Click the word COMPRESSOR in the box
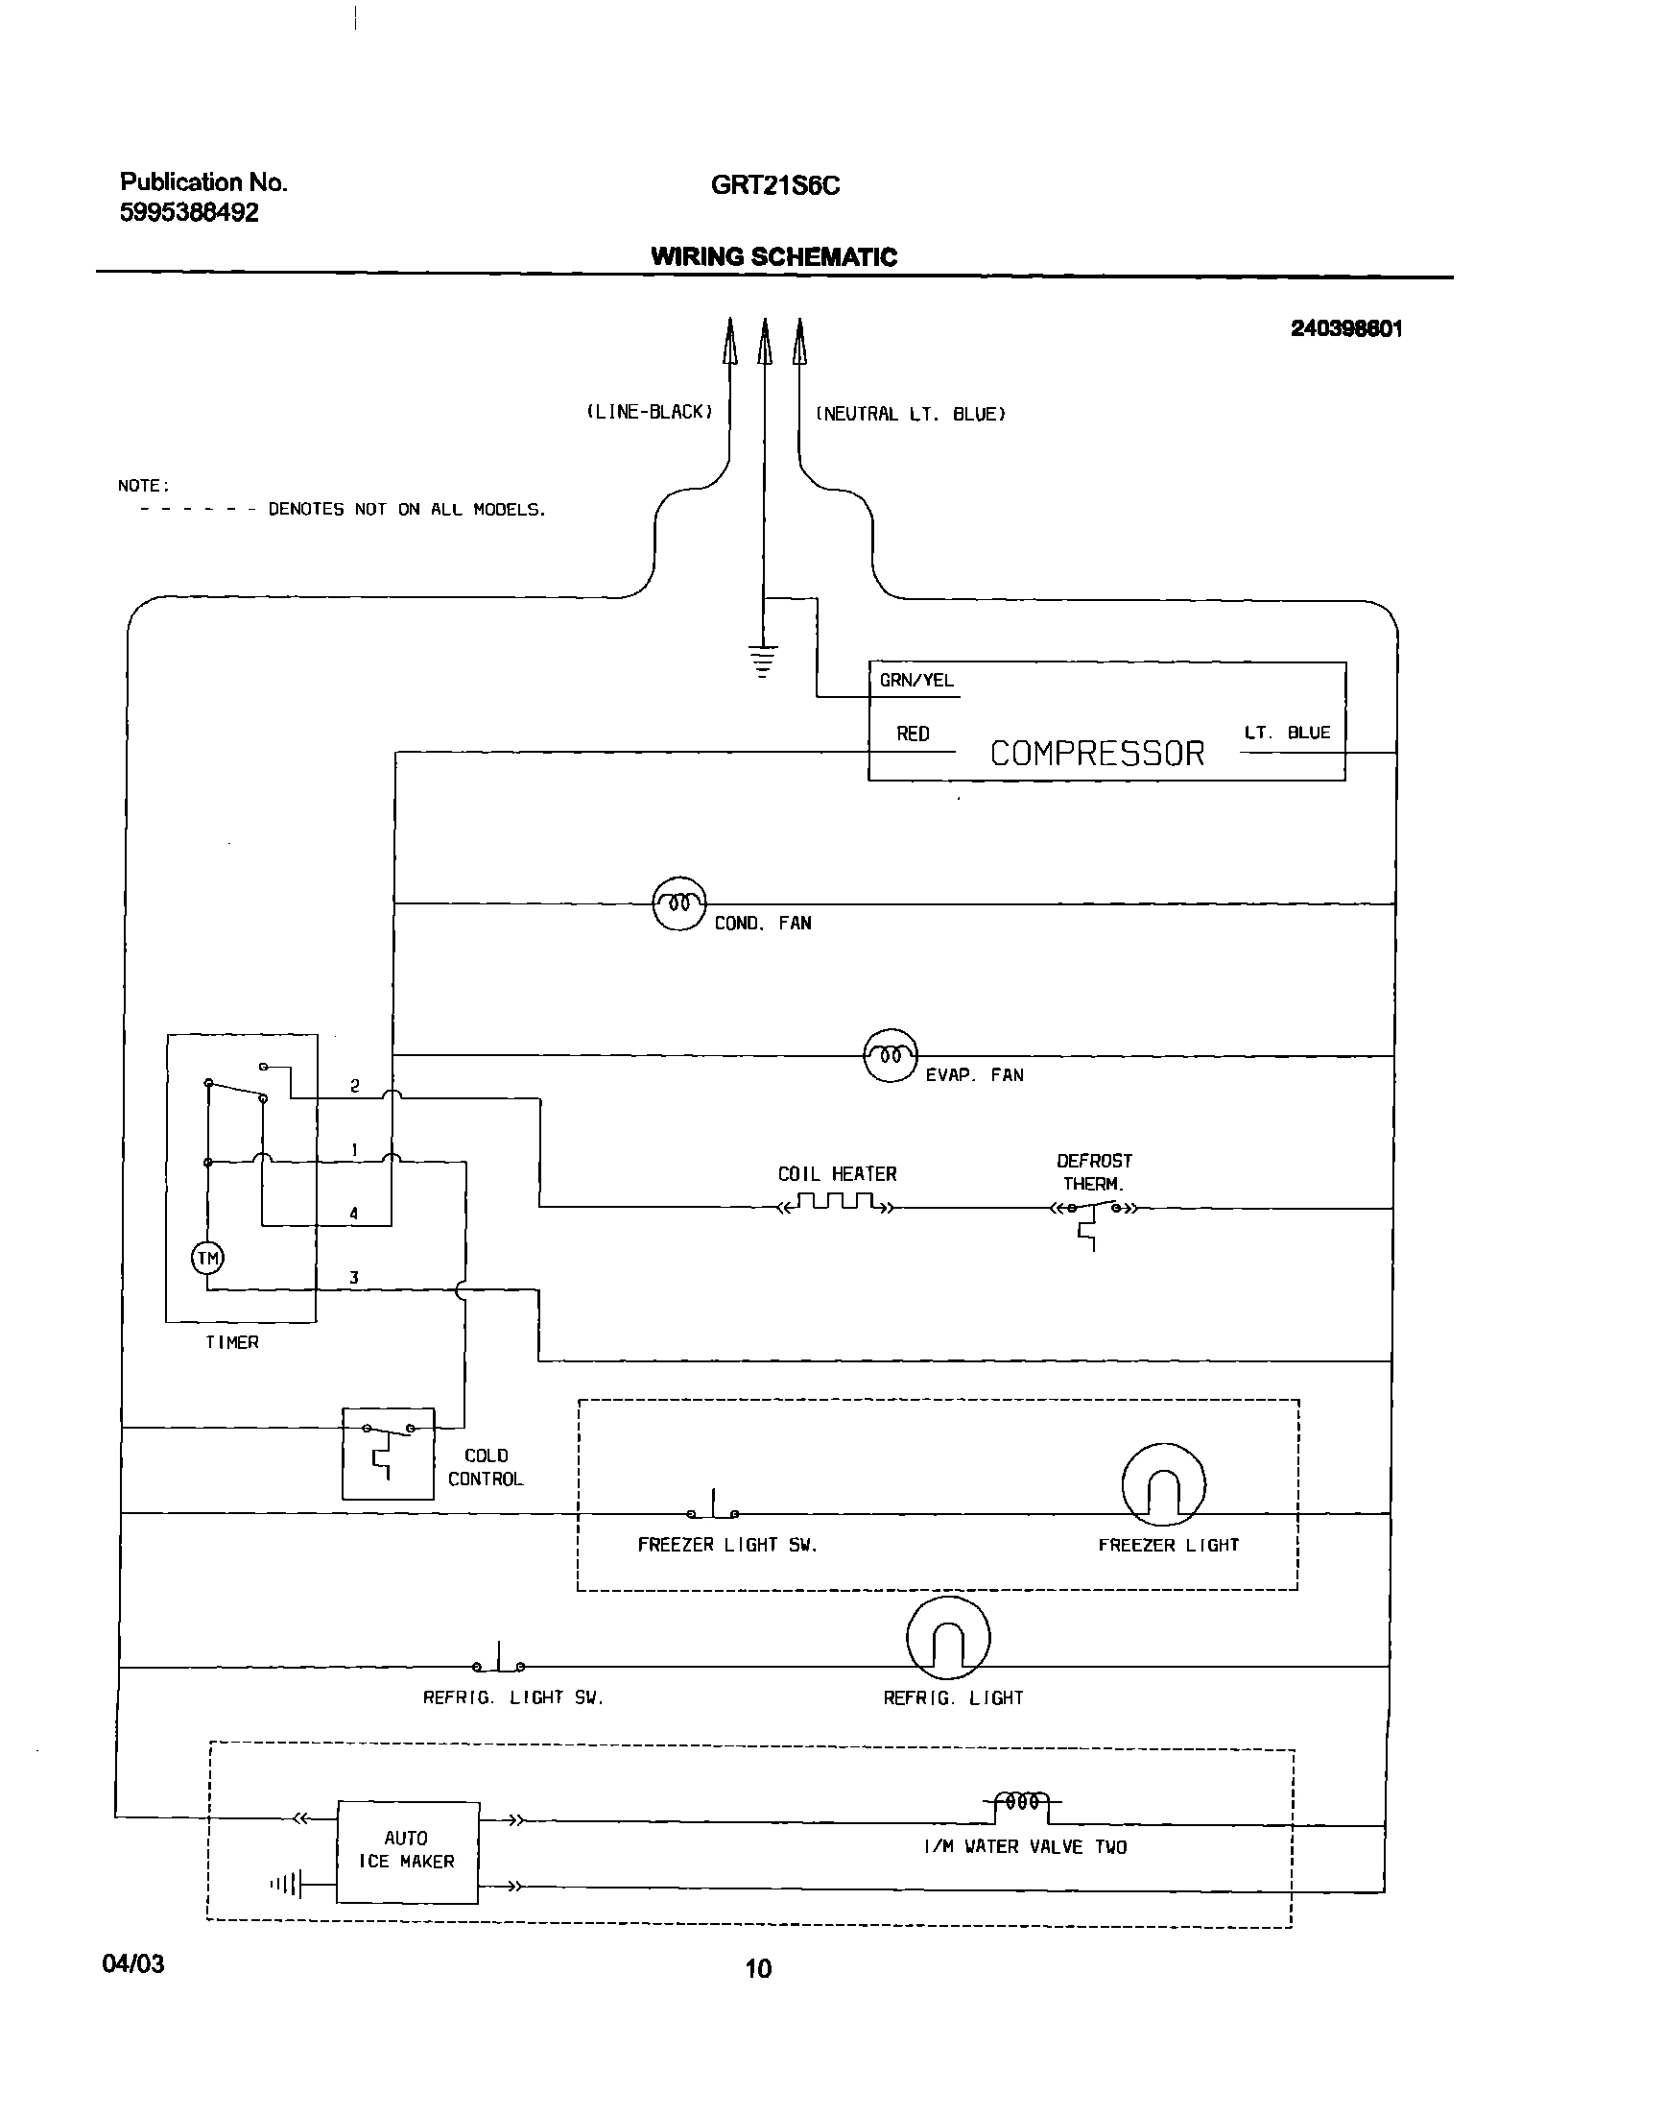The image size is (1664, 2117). coord(1097,754)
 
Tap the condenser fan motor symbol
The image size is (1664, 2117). coord(679,903)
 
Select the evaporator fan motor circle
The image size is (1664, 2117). coord(891,1055)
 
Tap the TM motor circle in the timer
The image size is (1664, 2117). coord(207,1259)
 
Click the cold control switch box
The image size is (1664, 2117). coord(388,1454)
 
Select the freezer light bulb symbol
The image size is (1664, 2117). coord(1163,1485)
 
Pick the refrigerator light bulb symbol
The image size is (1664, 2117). coord(948,1639)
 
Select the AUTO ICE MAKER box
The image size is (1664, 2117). coord(407,1850)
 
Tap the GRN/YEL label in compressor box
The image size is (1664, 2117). coord(915,681)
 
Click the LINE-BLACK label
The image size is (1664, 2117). coord(650,412)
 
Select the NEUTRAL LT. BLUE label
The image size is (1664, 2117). coord(910,414)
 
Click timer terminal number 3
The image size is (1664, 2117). coord(354,1277)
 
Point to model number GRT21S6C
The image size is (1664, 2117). coord(774,185)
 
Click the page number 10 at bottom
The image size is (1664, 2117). coord(758,1969)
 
